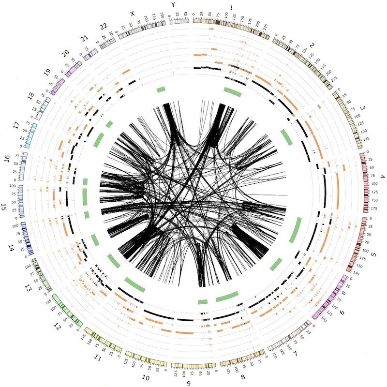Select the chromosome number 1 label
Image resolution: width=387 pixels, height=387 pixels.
tap(232, 7)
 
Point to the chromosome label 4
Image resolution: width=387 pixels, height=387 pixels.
tap(382, 177)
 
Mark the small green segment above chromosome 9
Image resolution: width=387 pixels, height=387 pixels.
tap(203, 302)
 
